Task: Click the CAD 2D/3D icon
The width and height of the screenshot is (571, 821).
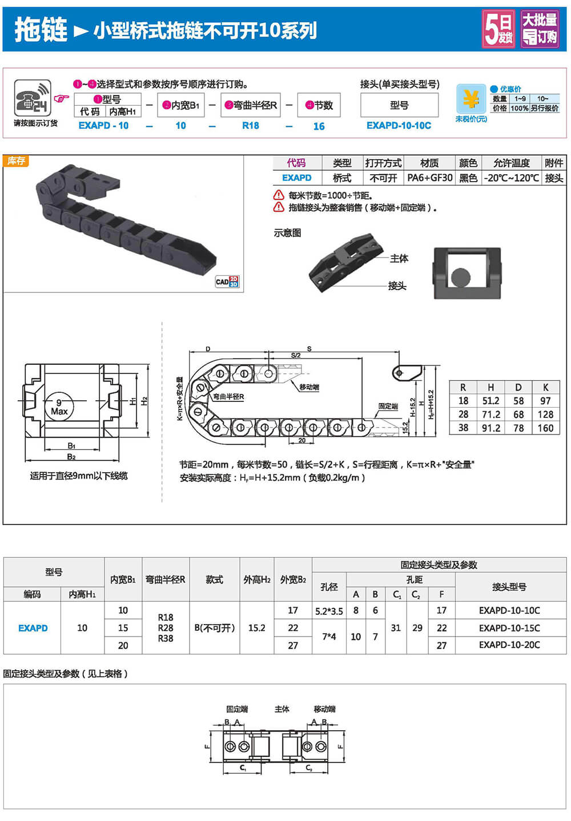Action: click(227, 281)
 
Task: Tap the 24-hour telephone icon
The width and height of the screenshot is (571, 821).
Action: click(33, 98)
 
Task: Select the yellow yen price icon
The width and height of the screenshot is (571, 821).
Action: click(471, 99)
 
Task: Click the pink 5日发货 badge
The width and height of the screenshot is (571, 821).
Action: click(498, 29)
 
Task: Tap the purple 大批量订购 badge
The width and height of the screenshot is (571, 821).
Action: click(540, 29)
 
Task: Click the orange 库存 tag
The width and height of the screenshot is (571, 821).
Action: click(16, 160)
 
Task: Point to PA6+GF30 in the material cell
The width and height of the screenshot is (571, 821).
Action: click(429, 178)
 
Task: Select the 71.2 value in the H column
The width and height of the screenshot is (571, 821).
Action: click(490, 414)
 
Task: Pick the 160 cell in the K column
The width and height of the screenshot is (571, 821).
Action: click(545, 428)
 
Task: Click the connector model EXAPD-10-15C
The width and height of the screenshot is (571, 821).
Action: click(509, 628)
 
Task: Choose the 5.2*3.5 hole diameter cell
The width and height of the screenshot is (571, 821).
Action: click(329, 611)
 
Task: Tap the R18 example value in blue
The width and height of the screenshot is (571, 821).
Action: click(251, 126)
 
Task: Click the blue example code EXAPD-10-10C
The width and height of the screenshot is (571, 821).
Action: click(399, 126)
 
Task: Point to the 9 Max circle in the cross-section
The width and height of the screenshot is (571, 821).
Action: click(59, 407)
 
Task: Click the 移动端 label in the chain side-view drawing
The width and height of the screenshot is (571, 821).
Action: click(309, 387)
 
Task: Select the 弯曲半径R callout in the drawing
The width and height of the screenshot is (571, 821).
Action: click(229, 397)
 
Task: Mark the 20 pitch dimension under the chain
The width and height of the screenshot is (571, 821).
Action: click(301, 440)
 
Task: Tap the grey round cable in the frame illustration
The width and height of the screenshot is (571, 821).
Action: click(460, 277)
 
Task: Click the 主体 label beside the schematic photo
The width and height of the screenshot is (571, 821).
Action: click(399, 259)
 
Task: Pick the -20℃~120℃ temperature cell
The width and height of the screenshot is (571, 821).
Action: click(511, 178)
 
